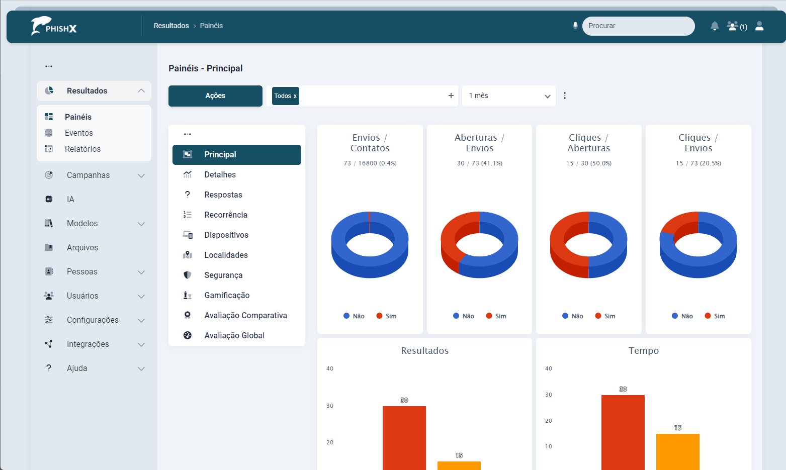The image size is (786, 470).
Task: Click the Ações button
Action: tap(215, 96)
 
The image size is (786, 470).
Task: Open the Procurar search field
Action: tap(638, 26)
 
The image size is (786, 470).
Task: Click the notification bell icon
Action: tap(714, 26)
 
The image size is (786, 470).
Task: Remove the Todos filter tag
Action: tap(295, 96)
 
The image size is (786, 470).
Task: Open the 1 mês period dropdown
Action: tap(508, 96)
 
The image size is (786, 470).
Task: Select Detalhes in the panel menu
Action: tap(220, 175)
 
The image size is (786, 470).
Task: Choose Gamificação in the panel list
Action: tap(227, 296)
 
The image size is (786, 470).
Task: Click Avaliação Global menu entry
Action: tap(234, 336)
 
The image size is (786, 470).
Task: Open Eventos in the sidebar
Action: tap(79, 133)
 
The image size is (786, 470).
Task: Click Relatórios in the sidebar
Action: tap(82, 149)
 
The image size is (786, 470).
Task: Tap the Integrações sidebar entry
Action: tap(88, 344)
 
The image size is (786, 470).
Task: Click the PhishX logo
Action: tap(54, 26)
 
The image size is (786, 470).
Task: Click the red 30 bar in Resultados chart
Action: tap(404, 437)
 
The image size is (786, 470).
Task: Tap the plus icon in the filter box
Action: tap(451, 96)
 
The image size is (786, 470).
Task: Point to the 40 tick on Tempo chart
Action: tap(549, 368)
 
